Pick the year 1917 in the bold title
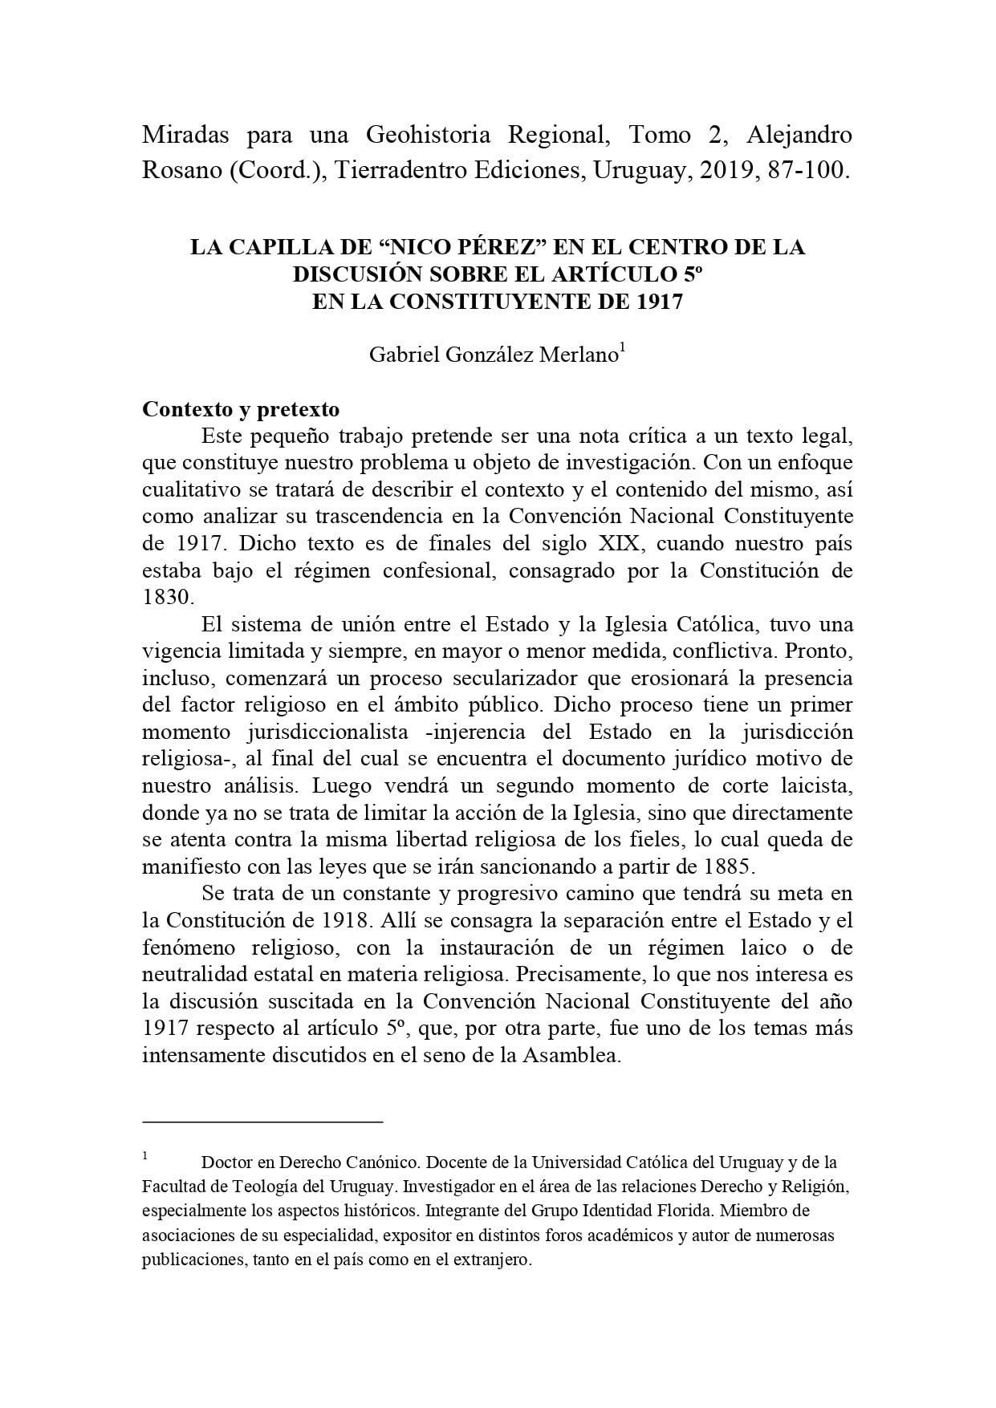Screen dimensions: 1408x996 tap(659, 302)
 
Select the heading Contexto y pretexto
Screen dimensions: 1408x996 tap(241, 409)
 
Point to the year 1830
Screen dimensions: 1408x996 tap(167, 598)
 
